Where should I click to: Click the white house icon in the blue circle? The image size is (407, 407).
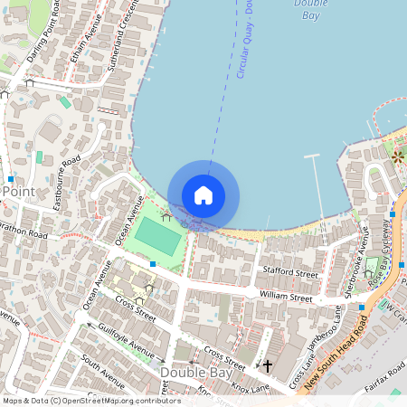203,195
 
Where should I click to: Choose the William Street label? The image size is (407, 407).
285,297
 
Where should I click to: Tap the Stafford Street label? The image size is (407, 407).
289,271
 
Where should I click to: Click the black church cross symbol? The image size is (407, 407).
268,366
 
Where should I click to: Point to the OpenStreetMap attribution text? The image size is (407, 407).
90,401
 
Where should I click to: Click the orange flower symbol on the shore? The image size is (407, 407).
397,156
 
